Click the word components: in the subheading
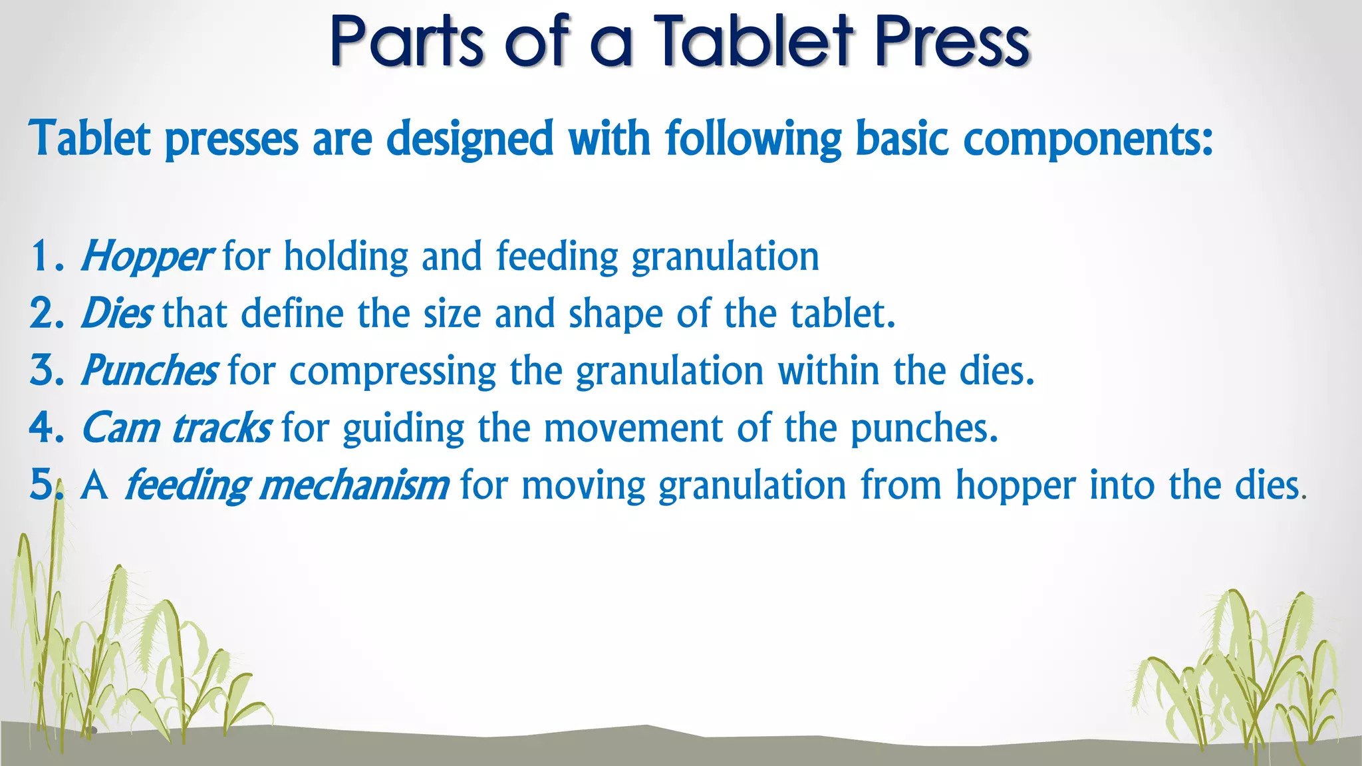[x=1088, y=140]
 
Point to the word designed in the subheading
[x=470, y=140]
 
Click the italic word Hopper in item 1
[x=146, y=257]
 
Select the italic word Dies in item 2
[x=117, y=314]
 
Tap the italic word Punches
[x=150, y=371]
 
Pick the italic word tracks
[x=221, y=428]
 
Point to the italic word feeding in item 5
[x=186, y=485]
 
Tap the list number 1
[x=41, y=257]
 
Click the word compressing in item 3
[x=392, y=371]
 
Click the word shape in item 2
[x=615, y=314]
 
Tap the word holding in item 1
[x=346, y=257]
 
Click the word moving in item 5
[x=583, y=485]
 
